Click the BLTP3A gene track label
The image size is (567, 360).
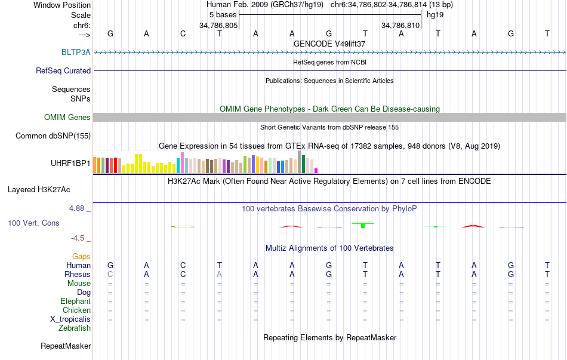click(76, 52)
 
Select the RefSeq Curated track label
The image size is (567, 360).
click(63, 70)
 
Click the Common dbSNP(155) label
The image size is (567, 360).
click(53, 136)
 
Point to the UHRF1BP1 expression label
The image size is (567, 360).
click(70, 162)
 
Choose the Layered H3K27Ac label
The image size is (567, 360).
click(39, 190)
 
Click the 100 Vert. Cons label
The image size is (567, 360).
click(33, 223)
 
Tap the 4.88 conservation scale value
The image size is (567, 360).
click(78, 208)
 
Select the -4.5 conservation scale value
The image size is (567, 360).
click(79, 238)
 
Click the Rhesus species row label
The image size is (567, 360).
click(78, 274)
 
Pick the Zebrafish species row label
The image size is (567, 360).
click(75, 328)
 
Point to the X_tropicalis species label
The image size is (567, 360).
click(70, 319)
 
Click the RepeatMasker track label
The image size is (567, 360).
click(66, 346)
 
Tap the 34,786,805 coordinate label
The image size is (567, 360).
click(218, 26)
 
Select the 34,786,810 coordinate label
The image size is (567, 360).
click(400, 26)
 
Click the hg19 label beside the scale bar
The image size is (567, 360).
click(434, 14)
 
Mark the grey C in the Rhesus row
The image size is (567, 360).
click(110, 274)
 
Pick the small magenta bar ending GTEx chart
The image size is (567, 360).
click(316, 171)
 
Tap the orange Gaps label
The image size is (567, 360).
click(81, 256)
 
